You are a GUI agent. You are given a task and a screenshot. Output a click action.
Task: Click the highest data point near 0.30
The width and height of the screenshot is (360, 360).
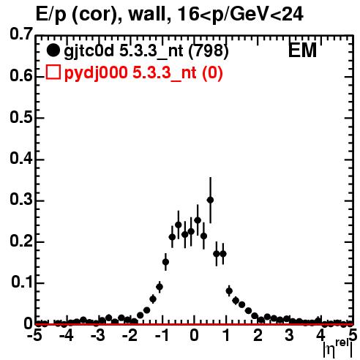[x=210, y=200]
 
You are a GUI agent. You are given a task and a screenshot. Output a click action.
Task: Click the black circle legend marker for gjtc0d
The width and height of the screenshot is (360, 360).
[x=53, y=50]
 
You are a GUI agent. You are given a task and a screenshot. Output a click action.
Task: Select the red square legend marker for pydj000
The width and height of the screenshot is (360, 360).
[x=53, y=72]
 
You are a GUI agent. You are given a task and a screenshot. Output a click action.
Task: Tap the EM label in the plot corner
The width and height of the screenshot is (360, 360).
[x=302, y=50]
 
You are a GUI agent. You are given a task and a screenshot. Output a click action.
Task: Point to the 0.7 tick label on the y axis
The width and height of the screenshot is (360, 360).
[x=21, y=34]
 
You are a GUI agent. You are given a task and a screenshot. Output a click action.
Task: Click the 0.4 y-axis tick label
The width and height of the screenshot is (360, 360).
[x=21, y=158]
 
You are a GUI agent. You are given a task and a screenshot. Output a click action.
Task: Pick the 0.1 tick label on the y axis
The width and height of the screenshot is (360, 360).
[x=22, y=282]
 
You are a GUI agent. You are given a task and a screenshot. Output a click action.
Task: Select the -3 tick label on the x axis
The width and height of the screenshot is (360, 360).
[x=98, y=335]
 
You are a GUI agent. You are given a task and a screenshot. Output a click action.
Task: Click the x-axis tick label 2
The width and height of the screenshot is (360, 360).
[x=258, y=335]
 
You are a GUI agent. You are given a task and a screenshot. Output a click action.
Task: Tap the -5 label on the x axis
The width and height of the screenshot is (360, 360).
[x=35, y=335]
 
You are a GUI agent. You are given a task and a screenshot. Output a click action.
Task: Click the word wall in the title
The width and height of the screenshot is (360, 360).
[x=147, y=14]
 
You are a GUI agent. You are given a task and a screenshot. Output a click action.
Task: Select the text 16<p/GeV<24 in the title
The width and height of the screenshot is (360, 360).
[x=240, y=14]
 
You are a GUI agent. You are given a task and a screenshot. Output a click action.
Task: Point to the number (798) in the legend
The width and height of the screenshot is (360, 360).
[x=209, y=50]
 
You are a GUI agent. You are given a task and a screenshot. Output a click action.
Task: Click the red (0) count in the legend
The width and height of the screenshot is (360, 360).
[x=212, y=72]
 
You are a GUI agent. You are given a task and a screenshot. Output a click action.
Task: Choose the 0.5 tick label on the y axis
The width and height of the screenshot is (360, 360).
[x=21, y=117]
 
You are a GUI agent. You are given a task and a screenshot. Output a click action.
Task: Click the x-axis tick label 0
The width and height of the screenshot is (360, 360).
[x=194, y=335]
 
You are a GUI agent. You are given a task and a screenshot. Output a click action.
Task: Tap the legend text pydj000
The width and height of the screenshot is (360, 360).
[x=96, y=73]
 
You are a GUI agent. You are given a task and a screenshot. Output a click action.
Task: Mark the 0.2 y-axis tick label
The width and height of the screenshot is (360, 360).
[x=21, y=241]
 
